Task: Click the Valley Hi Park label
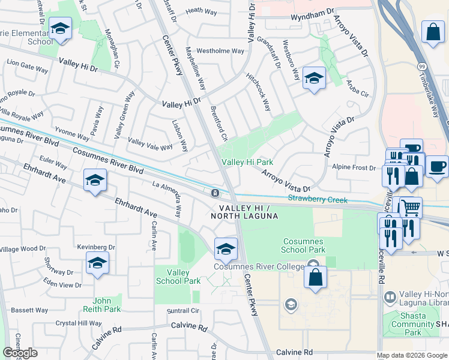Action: tap(247, 162)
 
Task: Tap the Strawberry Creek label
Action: tap(318, 199)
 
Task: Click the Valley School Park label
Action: tap(178, 277)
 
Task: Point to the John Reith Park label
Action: tap(107, 305)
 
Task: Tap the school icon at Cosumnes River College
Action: tap(226, 248)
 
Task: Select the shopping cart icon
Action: tap(411, 208)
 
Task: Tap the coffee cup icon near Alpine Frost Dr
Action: tap(438, 166)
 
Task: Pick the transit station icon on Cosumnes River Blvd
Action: tap(214, 193)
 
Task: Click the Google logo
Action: tap(20, 353)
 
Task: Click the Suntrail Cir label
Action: tap(182, 311)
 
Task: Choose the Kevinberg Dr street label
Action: tap(96, 247)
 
